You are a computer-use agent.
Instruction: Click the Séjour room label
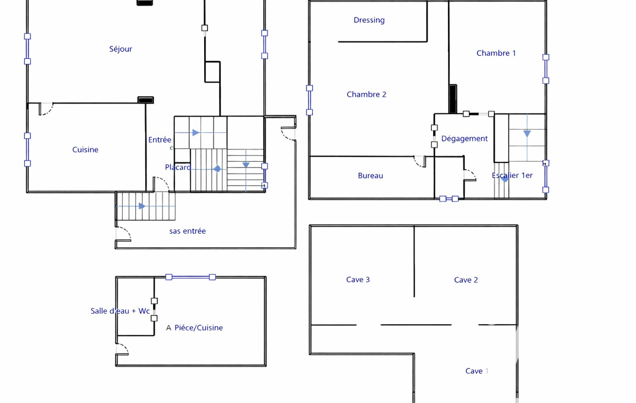click(x=120, y=49)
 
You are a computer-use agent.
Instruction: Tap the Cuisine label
click(x=85, y=149)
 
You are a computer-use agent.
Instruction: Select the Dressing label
click(x=369, y=20)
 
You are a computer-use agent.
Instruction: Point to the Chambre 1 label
click(x=496, y=53)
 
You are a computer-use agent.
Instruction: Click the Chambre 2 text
click(x=366, y=94)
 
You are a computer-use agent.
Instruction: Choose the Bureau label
click(x=370, y=175)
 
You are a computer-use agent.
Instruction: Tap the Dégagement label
click(x=464, y=138)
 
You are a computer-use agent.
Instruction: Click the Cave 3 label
click(x=358, y=280)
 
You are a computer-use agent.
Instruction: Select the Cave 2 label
click(x=466, y=280)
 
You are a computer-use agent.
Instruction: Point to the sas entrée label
click(x=187, y=231)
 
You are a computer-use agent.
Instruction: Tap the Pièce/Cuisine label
click(x=198, y=327)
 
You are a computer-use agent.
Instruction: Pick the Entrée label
click(x=159, y=139)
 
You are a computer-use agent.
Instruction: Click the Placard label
click(x=177, y=167)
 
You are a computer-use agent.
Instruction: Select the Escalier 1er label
click(x=512, y=175)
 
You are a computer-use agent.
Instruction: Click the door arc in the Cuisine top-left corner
click(x=46, y=109)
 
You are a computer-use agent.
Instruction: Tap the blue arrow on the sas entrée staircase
click(x=142, y=206)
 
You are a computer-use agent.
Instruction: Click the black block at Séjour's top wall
click(x=145, y=2)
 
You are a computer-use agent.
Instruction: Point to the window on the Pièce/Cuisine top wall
click(x=190, y=277)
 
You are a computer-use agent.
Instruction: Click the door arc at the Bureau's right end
click(x=420, y=161)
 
